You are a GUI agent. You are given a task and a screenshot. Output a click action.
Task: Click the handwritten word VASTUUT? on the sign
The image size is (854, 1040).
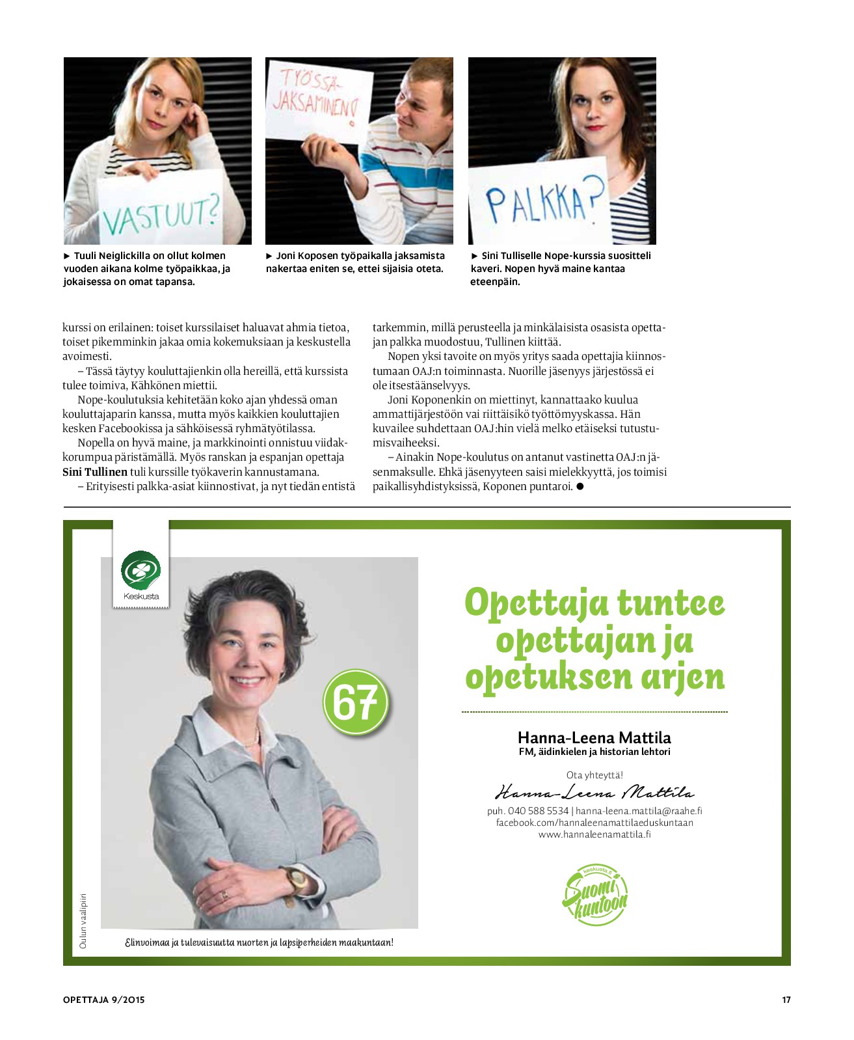160,215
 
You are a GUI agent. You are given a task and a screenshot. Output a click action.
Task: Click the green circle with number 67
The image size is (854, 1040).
355,702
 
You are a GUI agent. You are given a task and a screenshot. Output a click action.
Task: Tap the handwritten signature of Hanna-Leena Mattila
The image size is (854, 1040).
594,793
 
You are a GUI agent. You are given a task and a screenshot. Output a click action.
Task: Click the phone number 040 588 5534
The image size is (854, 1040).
538,811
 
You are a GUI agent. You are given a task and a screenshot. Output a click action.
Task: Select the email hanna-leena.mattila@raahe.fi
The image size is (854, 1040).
639,811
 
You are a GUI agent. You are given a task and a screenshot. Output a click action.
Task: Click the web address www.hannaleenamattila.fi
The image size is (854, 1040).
594,834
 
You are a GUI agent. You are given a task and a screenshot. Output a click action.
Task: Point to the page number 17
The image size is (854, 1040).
786,1000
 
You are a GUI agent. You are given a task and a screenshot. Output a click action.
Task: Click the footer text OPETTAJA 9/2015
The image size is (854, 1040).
104,1000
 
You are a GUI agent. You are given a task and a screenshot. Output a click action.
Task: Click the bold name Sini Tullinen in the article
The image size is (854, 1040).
95,472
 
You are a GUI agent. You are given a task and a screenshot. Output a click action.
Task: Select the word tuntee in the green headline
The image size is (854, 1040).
670,602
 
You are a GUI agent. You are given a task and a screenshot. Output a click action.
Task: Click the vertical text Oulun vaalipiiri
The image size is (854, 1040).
83,920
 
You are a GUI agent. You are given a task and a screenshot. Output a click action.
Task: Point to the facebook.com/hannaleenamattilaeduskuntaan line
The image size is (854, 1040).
594,823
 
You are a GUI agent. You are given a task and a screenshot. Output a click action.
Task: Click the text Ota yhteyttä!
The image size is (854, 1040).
594,775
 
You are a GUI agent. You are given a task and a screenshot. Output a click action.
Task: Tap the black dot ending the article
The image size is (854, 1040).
580,486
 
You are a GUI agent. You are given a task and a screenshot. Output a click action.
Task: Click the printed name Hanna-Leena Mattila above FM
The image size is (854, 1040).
594,737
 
